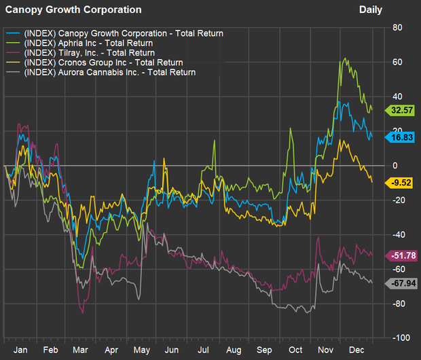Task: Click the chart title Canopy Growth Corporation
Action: [x=73, y=10]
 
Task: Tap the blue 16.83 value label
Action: [x=400, y=137]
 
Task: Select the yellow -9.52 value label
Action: [x=400, y=182]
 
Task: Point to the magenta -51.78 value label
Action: [x=400, y=255]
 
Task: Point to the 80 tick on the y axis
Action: [x=398, y=28]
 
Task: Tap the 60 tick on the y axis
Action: [x=398, y=62]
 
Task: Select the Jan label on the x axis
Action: [x=20, y=349]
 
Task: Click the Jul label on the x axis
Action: [x=202, y=349]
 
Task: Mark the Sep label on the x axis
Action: [x=263, y=349]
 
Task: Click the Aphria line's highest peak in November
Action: [x=346, y=58]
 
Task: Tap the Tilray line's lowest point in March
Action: [x=82, y=312]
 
